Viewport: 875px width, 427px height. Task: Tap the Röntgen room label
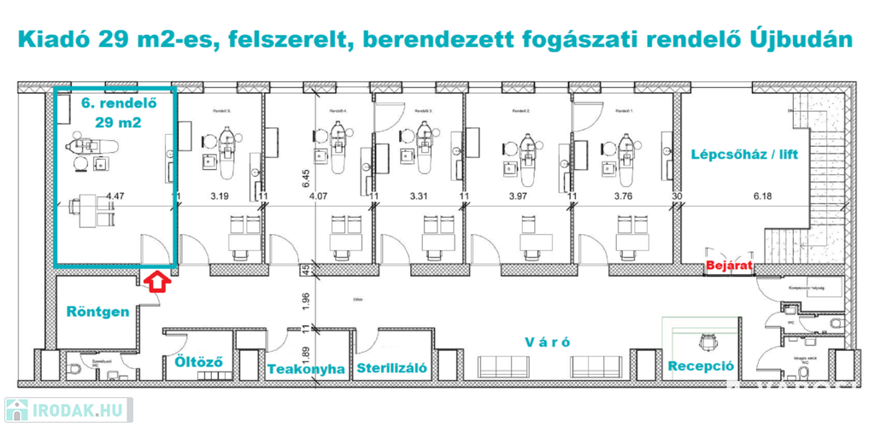[x=97, y=312]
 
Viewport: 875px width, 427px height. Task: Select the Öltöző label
[x=198, y=361]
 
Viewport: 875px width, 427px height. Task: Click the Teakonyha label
[x=306, y=370]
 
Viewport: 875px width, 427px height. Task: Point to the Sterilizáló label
[x=392, y=370]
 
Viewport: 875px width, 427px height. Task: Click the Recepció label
[x=702, y=366]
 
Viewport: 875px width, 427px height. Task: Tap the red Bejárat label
[x=729, y=266]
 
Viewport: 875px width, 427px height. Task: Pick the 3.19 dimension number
[x=220, y=197]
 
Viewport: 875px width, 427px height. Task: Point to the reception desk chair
[x=707, y=339]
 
